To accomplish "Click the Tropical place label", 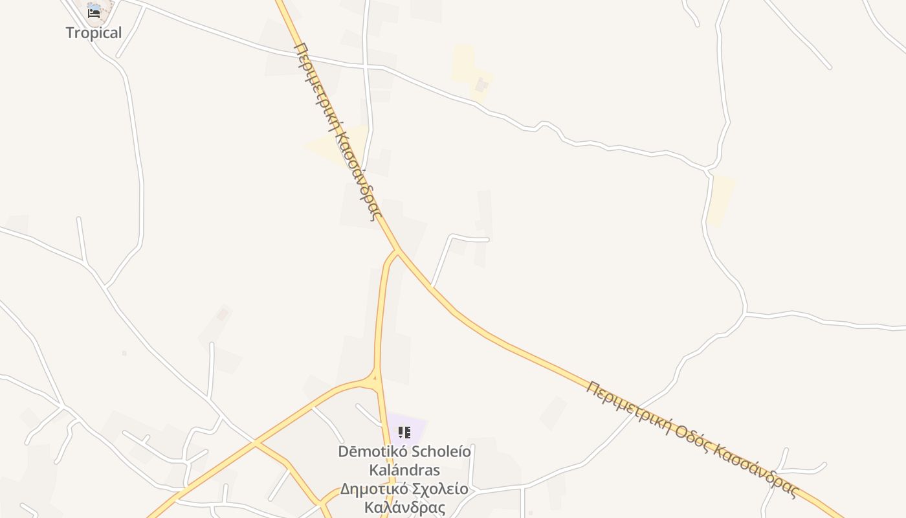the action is pos(93,33).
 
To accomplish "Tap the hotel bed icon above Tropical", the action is pos(94,12).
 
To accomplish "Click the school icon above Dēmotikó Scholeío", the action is pos(404,433).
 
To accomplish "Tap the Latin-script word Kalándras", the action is pos(404,469).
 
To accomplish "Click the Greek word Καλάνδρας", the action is pos(405,507).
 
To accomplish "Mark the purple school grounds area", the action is pos(414,424).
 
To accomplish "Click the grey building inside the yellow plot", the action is pos(481,85).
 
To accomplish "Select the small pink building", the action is pos(223,314).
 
